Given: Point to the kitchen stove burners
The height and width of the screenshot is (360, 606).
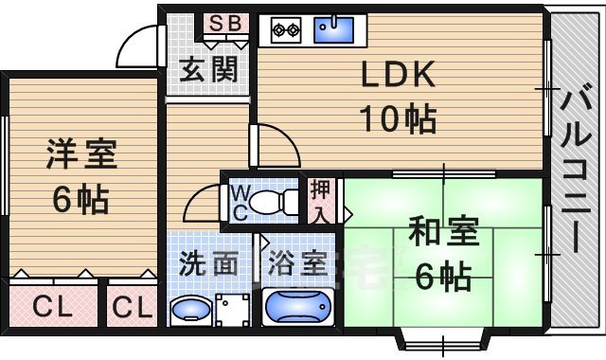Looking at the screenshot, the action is [x=285, y=30].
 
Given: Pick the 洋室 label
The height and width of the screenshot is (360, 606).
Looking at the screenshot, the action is [x=80, y=154].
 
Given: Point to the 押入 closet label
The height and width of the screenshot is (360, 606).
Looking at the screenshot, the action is [x=321, y=200].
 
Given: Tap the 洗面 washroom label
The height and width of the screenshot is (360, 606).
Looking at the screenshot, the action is [x=208, y=262].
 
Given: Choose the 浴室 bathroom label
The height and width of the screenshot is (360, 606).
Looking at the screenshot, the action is [x=298, y=262].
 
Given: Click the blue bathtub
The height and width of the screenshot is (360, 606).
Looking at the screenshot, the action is [x=297, y=308].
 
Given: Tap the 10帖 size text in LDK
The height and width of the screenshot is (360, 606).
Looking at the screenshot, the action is [x=397, y=119].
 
